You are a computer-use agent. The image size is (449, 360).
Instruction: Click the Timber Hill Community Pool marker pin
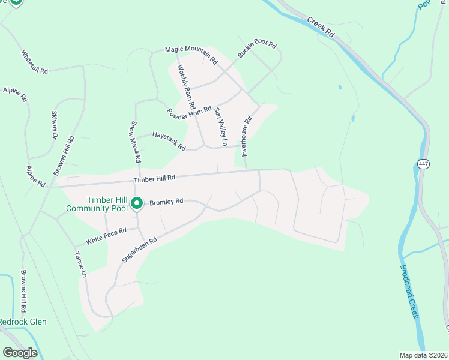[136, 204]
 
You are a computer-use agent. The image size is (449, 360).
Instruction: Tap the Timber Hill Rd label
[154, 178]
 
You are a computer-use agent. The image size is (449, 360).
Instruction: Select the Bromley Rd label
[166, 202]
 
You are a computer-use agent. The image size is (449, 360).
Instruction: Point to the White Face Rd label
[106, 235]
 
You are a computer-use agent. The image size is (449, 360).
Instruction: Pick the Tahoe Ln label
[80, 264]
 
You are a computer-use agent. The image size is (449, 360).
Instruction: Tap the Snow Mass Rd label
[136, 142]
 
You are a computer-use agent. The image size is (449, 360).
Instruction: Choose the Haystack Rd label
[169, 137]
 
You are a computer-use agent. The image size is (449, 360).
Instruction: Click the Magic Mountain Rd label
[191, 54]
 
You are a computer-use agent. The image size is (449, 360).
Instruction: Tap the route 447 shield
[423, 164]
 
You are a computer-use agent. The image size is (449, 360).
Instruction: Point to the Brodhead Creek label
[408, 292]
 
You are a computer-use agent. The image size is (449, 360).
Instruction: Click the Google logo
[20, 353]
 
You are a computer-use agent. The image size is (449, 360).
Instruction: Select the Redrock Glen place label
[22, 322]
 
